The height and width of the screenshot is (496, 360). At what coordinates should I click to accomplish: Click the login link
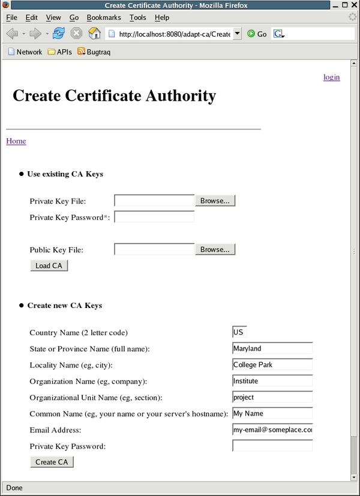tap(331, 77)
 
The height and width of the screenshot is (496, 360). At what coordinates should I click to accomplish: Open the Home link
tap(16, 141)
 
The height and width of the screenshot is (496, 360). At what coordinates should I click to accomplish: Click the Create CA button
tap(52, 462)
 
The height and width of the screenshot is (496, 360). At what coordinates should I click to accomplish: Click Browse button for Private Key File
tap(215, 201)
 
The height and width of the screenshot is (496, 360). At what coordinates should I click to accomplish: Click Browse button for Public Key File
tap(215, 249)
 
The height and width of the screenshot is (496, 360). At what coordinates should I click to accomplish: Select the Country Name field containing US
tap(239, 332)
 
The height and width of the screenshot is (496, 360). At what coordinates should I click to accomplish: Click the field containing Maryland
tap(272, 348)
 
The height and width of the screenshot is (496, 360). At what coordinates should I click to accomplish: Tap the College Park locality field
tap(272, 364)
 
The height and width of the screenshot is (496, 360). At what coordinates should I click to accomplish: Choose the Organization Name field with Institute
tap(272, 381)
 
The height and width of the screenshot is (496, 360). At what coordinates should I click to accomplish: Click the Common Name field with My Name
tap(272, 413)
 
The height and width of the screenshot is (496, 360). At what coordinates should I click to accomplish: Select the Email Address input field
tap(272, 429)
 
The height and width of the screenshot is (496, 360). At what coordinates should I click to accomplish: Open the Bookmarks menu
tap(103, 18)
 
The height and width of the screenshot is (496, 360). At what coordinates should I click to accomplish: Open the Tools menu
tap(137, 18)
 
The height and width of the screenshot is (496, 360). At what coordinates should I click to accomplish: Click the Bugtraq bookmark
tap(94, 52)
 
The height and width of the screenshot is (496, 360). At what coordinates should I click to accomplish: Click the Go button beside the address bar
tap(257, 34)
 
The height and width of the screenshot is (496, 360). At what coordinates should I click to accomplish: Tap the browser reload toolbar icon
tap(58, 34)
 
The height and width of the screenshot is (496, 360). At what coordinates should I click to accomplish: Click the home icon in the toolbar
tap(94, 34)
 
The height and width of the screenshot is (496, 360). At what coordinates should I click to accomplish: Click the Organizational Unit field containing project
tap(272, 397)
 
